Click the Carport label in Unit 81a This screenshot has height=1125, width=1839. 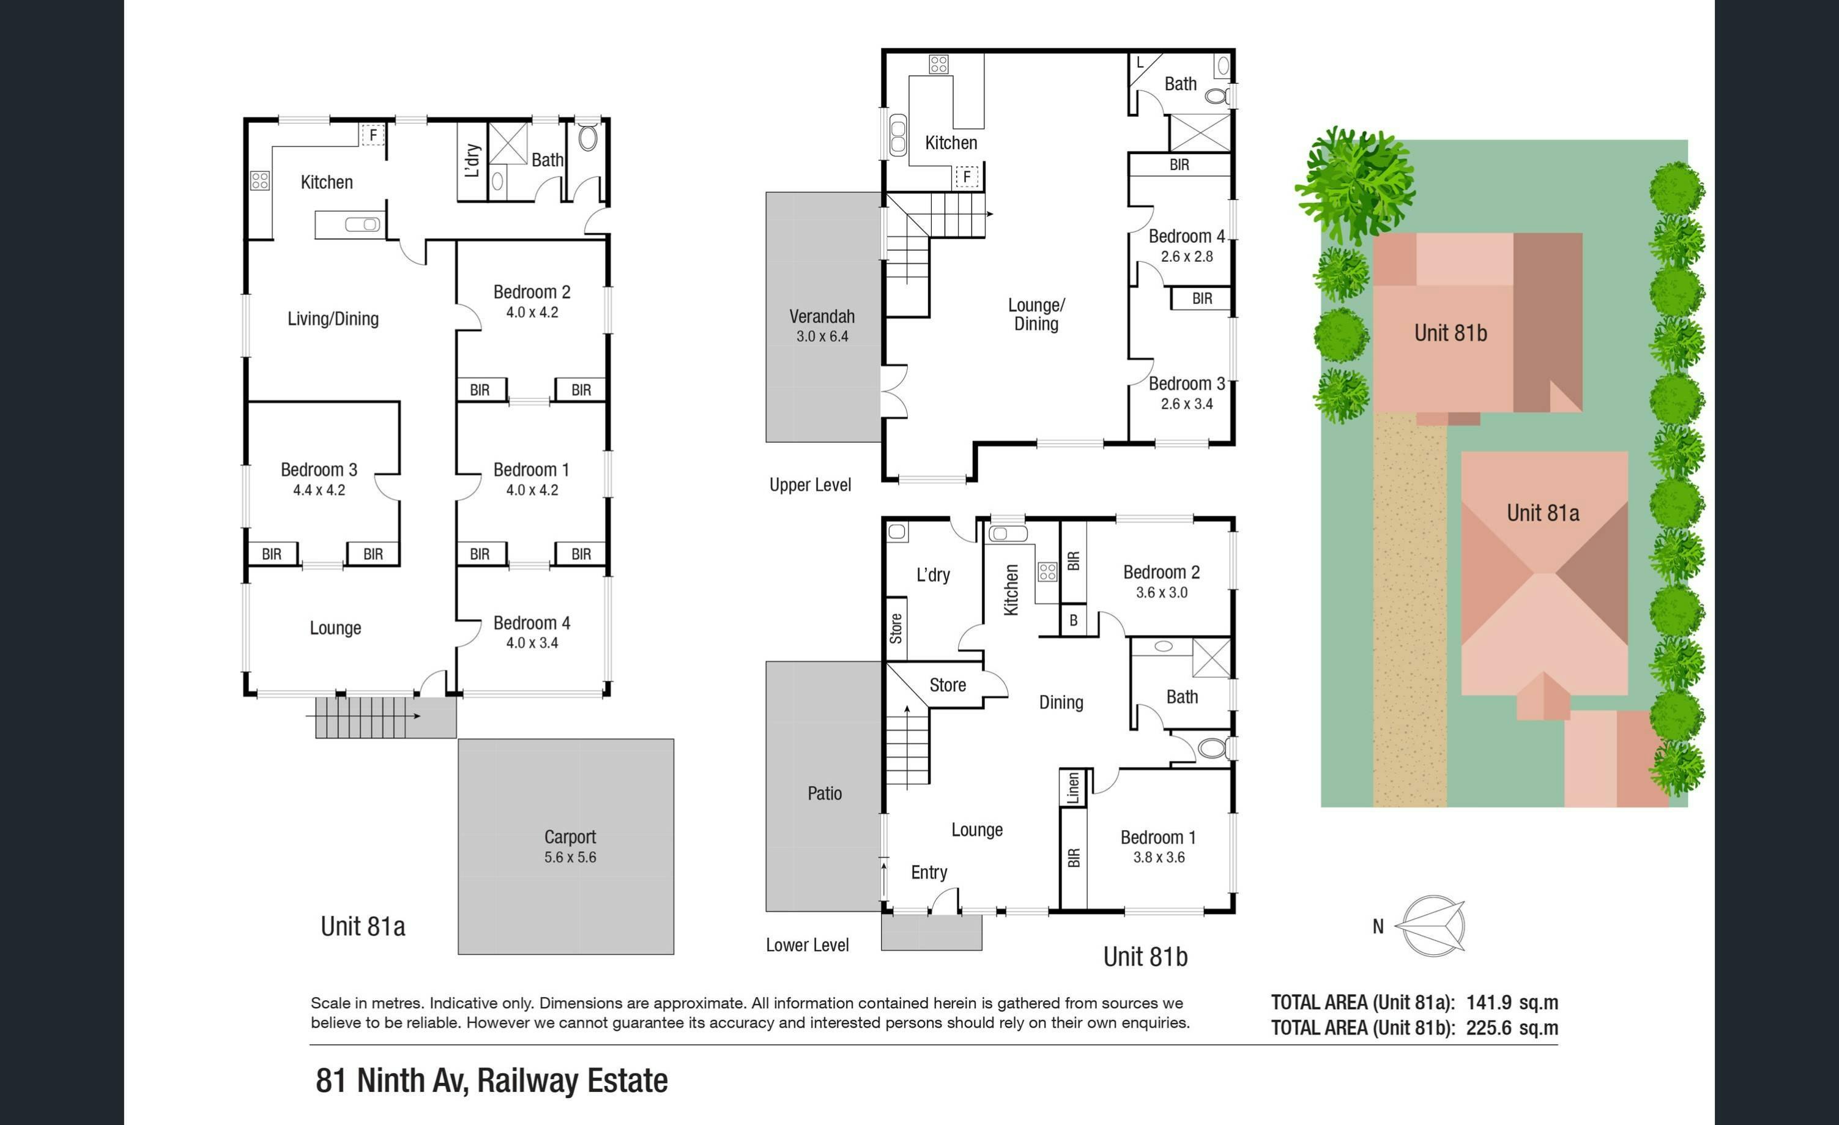click(x=570, y=837)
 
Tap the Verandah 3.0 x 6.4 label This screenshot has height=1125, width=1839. click(x=822, y=325)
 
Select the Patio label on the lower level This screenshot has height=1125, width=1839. click(x=825, y=793)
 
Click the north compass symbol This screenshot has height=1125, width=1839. click(x=1432, y=926)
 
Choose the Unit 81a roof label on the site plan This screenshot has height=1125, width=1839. click(x=1543, y=513)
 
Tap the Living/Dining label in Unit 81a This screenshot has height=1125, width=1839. click(x=333, y=319)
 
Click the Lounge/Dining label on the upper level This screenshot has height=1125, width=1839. click(x=1036, y=314)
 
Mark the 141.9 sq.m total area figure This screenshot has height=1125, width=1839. click(x=1512, y=1003)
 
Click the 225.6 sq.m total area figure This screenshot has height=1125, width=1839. click(x=1512, y=1028)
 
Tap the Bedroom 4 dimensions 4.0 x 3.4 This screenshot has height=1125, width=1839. click(x=532, y=643)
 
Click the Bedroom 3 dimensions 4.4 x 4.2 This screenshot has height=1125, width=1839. click(x=319, y=491)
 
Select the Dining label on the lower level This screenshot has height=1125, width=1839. click(x=1061, y=702)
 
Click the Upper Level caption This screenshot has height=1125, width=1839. click(x=810, y=485)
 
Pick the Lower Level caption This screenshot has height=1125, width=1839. click(x=807, y=945)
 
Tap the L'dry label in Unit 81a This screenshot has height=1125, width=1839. click(x=472, y=160)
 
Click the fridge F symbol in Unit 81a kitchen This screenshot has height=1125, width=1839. click(x=373, y=135)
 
